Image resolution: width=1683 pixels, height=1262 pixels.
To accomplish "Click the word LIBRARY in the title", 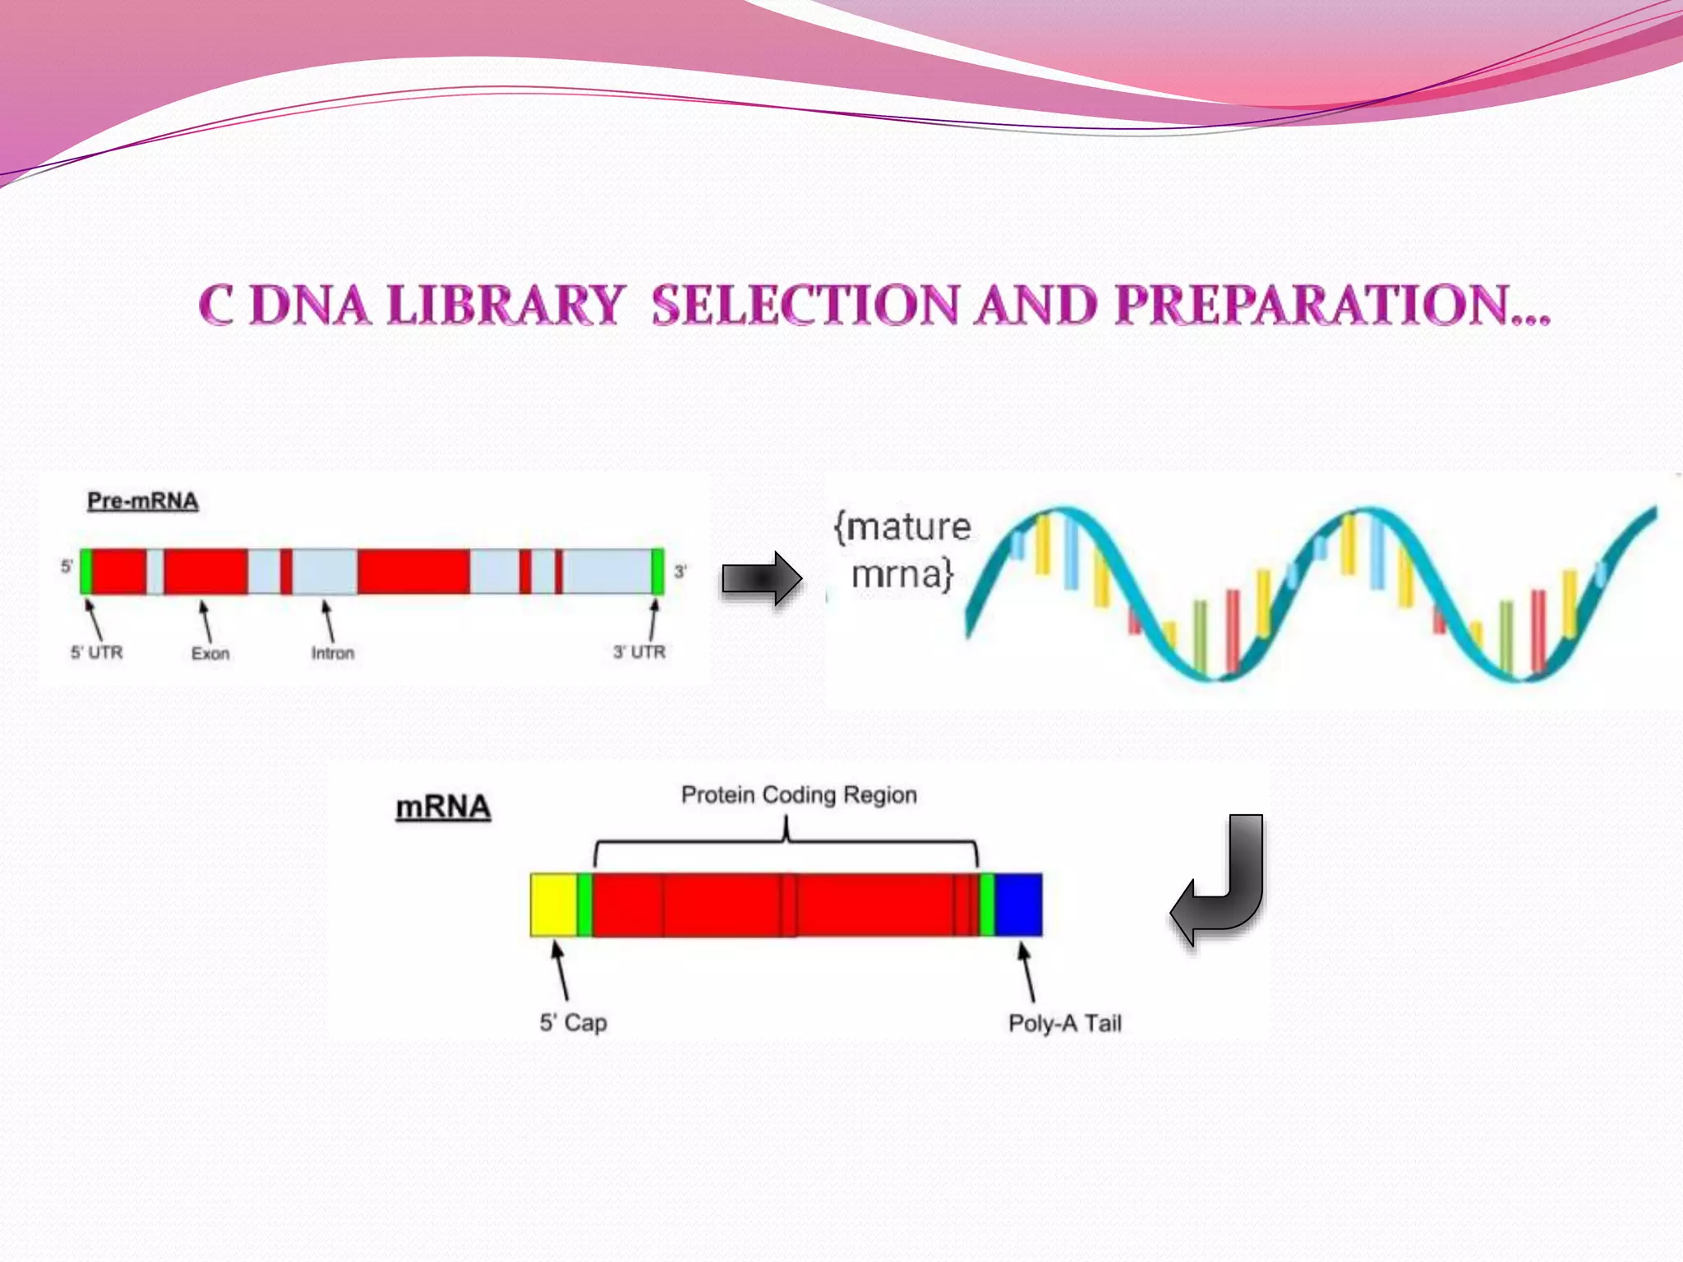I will point(505,306).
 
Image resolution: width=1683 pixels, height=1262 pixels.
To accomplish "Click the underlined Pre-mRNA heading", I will point(143,501).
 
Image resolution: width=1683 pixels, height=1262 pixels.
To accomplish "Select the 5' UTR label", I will point(96,653).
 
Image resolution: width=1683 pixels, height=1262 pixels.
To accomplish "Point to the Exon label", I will point(210,654).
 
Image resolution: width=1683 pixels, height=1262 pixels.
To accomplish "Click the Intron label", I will point(333,654).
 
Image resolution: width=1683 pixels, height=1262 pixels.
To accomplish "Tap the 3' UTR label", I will point(639,652).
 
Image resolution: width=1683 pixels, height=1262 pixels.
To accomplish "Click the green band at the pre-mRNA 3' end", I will point(657,571).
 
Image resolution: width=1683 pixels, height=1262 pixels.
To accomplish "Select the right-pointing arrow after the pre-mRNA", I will point(761,579).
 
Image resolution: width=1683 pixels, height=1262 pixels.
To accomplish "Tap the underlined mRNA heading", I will point(443,808).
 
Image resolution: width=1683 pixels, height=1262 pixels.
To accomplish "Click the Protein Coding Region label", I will point(799,795).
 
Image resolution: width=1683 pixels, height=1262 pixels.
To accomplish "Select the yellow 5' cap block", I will point(553,905).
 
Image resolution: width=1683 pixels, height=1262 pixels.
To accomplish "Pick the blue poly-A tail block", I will point(1019,905).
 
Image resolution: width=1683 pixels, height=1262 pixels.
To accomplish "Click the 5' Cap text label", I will point(574,1023).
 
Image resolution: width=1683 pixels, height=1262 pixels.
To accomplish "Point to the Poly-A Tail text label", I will point(1065,1024).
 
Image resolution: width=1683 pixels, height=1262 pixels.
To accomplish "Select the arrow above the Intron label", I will point(328,620).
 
